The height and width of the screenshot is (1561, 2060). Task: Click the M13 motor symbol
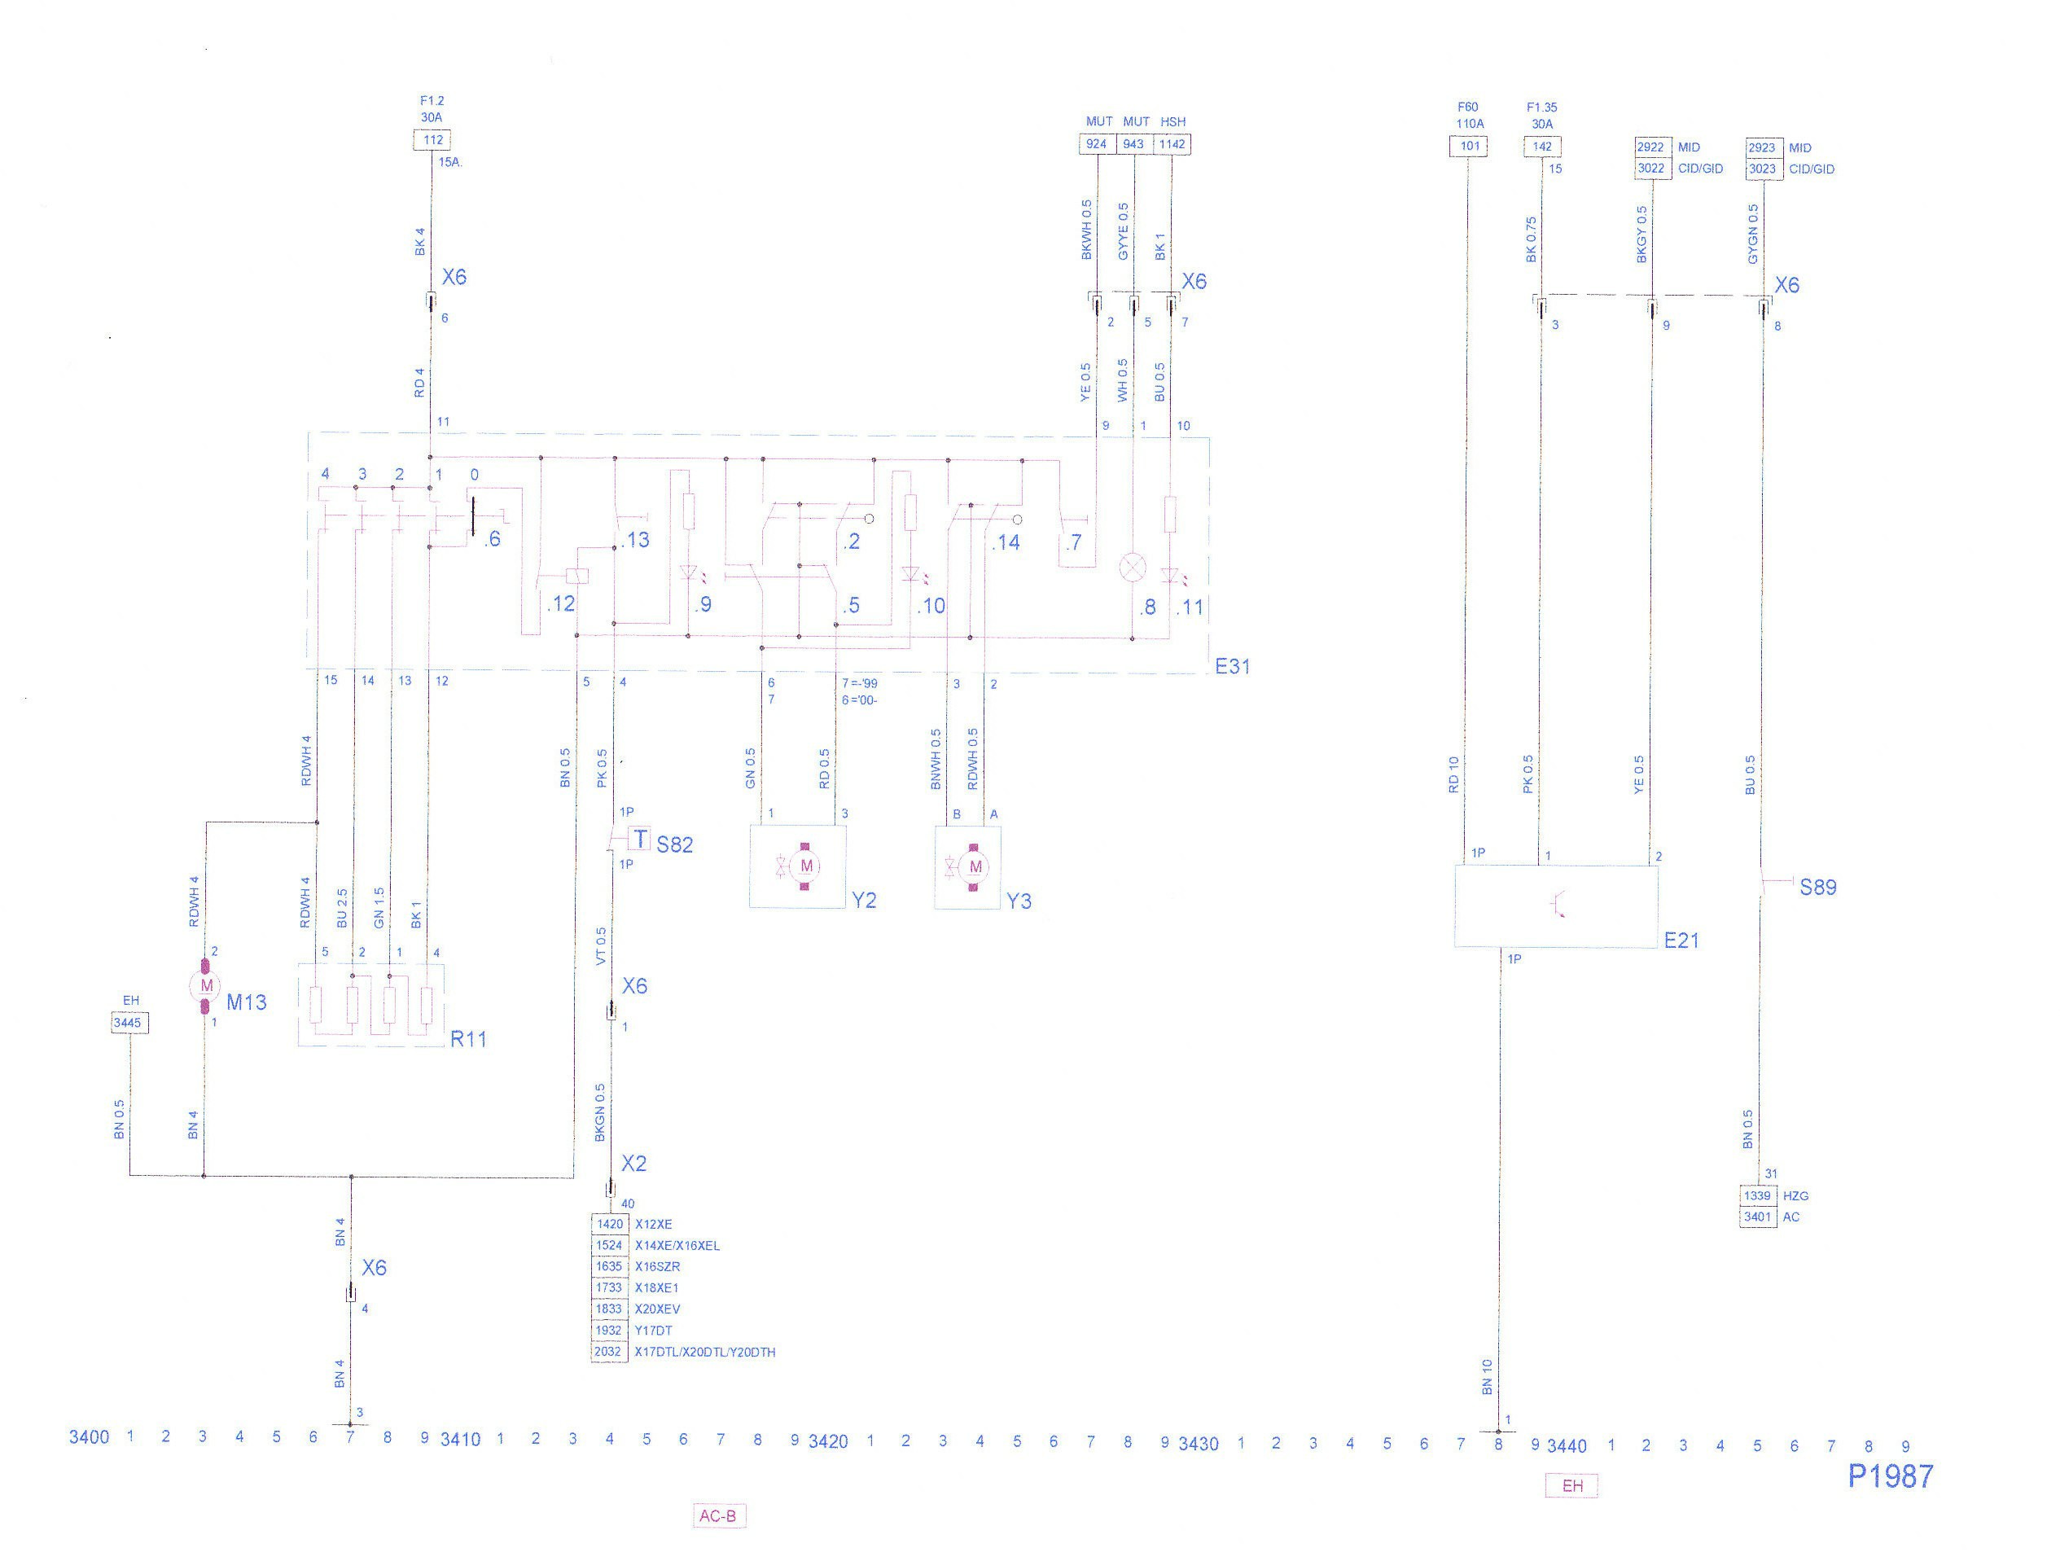click(206, 985)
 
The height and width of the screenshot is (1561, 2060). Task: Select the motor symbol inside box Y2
click(805, 866)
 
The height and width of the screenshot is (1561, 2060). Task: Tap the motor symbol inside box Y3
click(975, 867)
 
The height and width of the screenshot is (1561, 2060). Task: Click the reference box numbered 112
click(432, 140)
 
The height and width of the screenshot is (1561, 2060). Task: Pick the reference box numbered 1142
click(1172, 144)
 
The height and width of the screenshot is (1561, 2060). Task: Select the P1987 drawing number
click(1891, 1476)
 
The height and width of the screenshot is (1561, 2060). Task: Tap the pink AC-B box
click(718, 1516)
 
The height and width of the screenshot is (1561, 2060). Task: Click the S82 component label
click(674, 844)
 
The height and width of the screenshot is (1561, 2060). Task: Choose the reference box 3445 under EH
click(128, 1023)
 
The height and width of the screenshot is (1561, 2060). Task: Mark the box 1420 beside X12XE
click(609, 1224)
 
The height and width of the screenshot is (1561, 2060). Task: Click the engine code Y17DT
click(653, 1331)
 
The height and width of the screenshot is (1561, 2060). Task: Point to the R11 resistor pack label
click(468, 1039)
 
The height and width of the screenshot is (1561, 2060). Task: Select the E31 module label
click(1232, 666)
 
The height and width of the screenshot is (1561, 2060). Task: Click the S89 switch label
click(1818, 888)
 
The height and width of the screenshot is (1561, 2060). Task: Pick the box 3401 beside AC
click(1757, 1217)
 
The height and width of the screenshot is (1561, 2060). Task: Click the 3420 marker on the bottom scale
click(827, 1442)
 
